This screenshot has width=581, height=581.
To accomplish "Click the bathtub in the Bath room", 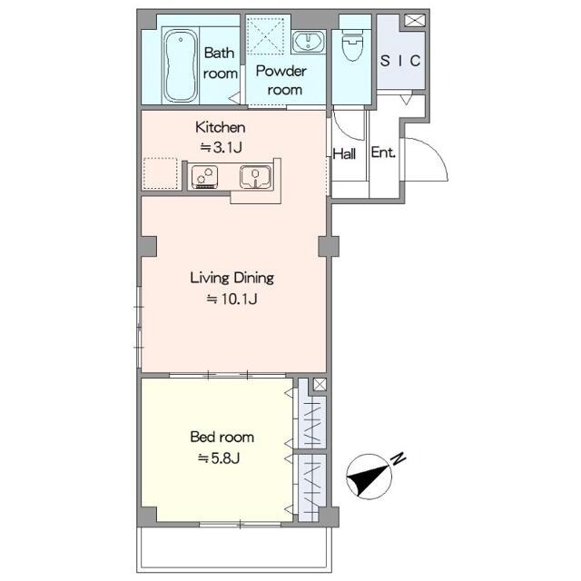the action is (180, 66).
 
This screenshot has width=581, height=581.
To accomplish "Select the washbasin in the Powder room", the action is (308, 41).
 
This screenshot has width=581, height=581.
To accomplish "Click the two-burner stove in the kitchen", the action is (204, 176).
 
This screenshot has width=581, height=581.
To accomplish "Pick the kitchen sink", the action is (255, 176).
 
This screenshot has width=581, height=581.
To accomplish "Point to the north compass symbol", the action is (369, 477).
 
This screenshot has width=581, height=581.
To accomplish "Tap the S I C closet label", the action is (400, 61).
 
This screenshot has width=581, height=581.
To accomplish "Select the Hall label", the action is (344, 153).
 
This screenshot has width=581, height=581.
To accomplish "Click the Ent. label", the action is (383, 153).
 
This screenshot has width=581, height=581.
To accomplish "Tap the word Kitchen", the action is (220, 127).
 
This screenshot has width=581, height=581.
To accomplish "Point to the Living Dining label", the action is (232, 278).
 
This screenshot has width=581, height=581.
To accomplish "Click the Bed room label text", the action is (222, 437).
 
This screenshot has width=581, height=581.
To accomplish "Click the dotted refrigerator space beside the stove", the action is (161, 173).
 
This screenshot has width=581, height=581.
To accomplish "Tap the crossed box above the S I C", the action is (414, 20).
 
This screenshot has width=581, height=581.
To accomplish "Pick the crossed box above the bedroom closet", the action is (320, 384).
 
